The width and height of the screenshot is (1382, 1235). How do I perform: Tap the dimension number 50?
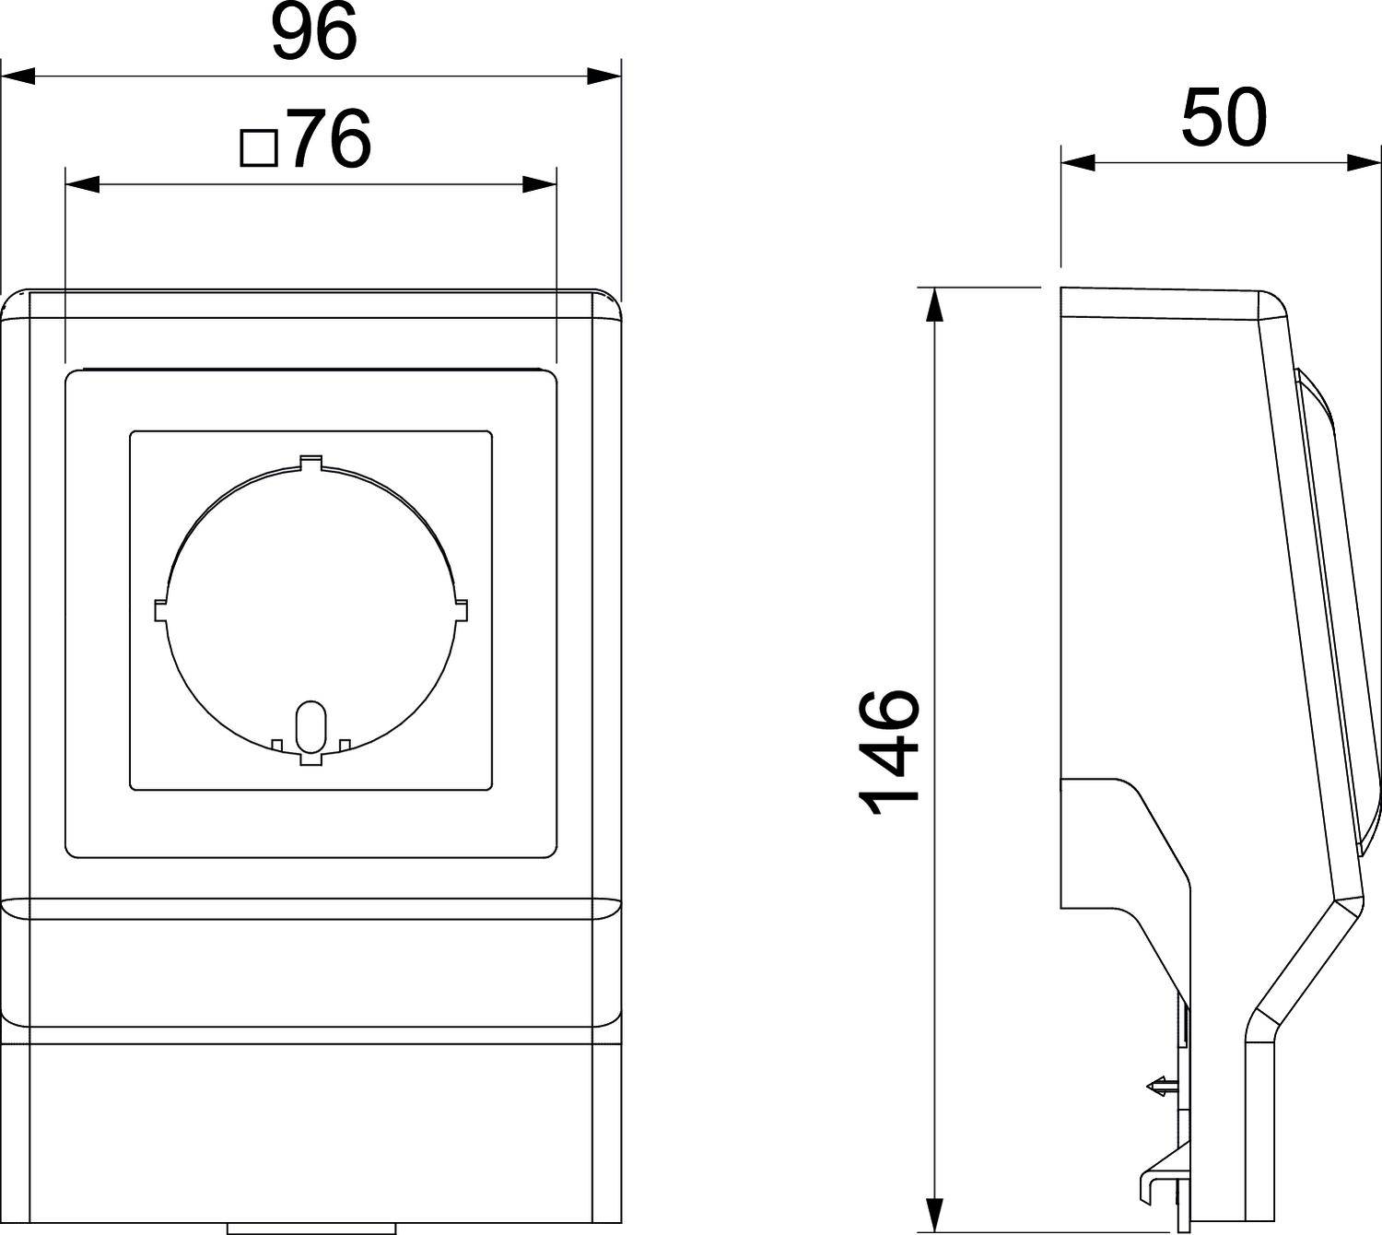1224,119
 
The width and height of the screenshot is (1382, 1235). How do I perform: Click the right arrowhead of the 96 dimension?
603,76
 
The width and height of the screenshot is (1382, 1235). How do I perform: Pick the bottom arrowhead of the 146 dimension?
935,1215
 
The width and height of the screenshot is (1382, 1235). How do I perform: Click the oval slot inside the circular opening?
310,728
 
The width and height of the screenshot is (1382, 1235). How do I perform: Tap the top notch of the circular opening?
311,462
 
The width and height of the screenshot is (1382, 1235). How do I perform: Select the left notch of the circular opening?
160,611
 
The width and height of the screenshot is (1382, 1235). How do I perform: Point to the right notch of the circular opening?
461,610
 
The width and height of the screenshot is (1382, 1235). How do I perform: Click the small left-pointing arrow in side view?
1159,1087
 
